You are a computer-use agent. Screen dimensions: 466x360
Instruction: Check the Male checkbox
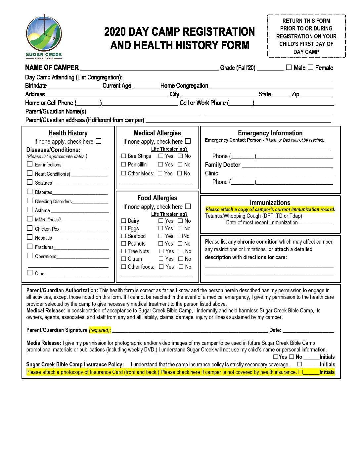click(x=289, y=67)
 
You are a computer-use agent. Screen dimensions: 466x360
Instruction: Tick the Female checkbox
click(x=310, y=67)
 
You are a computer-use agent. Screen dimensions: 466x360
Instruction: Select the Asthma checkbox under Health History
click(x=30, y=210)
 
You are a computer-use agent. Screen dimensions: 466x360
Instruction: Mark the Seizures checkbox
click(x=30, y=182)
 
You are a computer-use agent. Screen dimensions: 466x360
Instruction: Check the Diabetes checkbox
click(x=30, y=192)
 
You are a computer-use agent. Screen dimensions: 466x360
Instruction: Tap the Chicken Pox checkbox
click(x=30, y=228)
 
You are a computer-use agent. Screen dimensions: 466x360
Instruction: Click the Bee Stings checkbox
click(x=124, y=156)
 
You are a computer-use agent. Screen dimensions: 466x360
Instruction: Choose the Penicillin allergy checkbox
click(x=124, y=164)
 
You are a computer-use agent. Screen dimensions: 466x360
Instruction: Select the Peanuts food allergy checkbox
click(x=124, y=244)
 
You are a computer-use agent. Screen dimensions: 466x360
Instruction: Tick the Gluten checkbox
click(x=124, y=259)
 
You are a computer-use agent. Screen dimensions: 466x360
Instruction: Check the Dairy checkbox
click(x=124, y=221)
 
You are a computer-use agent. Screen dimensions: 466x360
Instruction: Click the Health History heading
click(x=68, y=133)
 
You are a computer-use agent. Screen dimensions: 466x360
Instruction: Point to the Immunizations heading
click(x=270, y=203)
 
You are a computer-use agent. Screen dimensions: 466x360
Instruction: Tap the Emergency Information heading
click(x=270, y=133)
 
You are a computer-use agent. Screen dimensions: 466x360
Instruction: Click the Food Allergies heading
click(x=157, y=198)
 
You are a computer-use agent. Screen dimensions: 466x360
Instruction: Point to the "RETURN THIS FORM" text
click(x=306, y=21)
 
